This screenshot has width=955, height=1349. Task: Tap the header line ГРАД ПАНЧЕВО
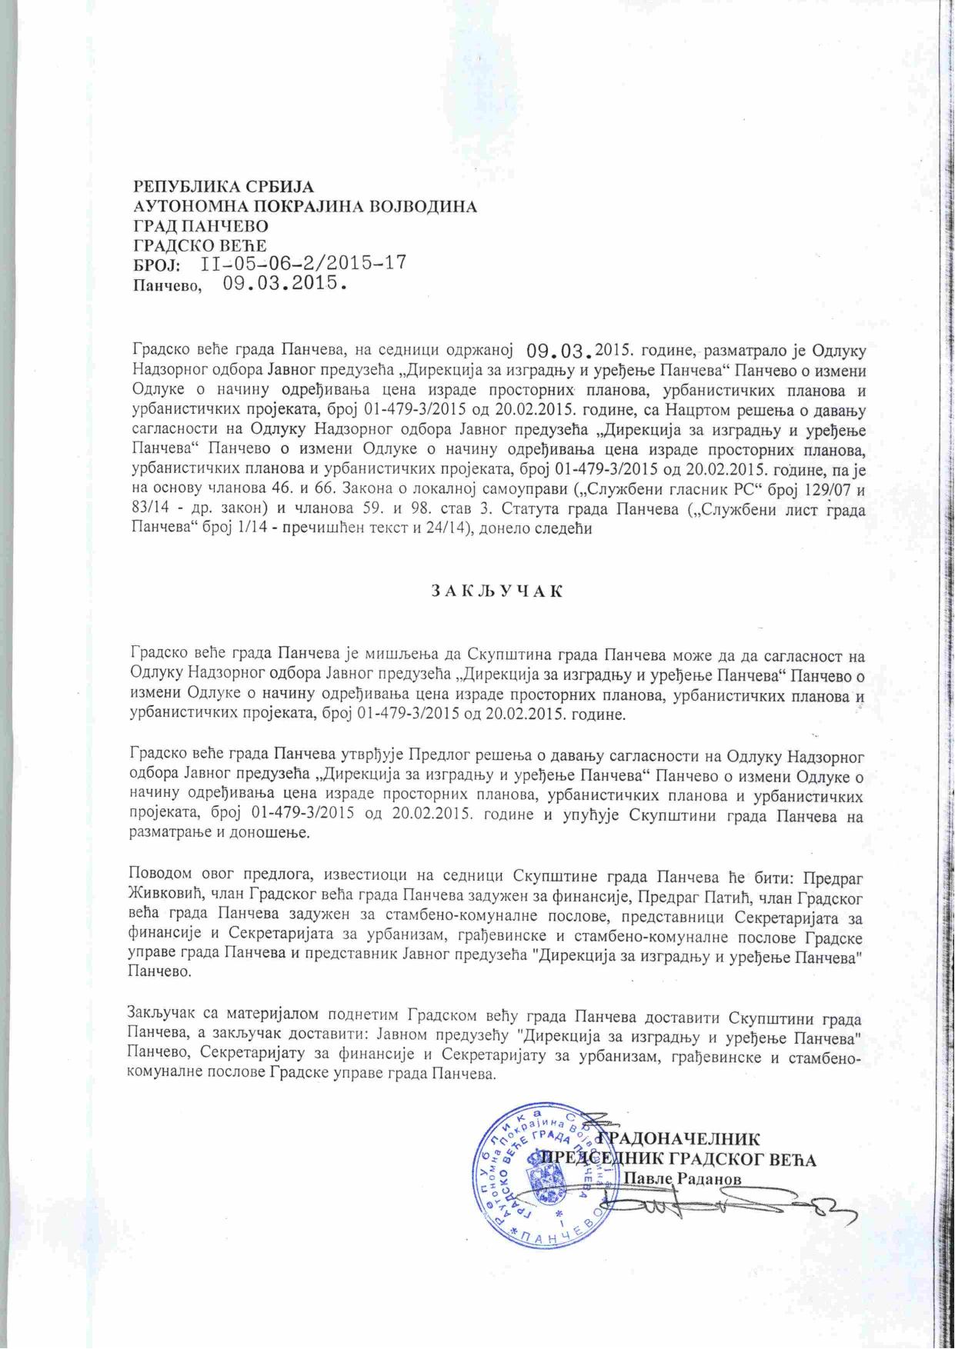201,227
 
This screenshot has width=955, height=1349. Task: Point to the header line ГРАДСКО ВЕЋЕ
199,246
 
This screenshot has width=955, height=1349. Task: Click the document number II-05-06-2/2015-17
303,264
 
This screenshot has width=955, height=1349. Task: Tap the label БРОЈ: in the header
158,265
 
